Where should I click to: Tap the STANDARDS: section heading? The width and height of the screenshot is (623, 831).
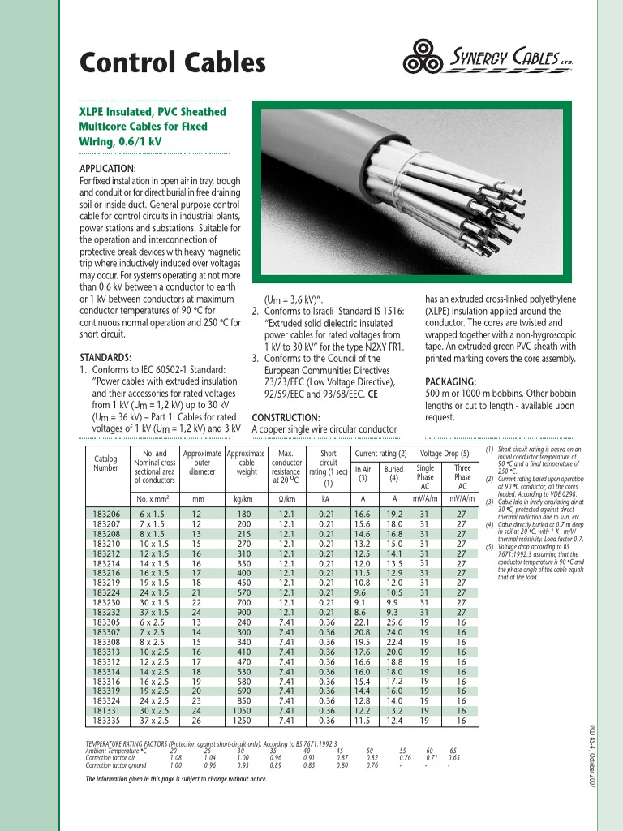(105, 357)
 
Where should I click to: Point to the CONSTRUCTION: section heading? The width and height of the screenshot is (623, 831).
(286, 416)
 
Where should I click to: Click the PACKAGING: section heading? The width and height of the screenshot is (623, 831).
(450, 381)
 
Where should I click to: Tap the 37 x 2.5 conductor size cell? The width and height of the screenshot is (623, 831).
(153, 720)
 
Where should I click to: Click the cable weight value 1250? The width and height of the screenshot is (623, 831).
(245, 720)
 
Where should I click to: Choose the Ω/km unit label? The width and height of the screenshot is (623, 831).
(286, 499)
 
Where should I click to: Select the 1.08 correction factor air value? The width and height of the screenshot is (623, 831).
(174, 757)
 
